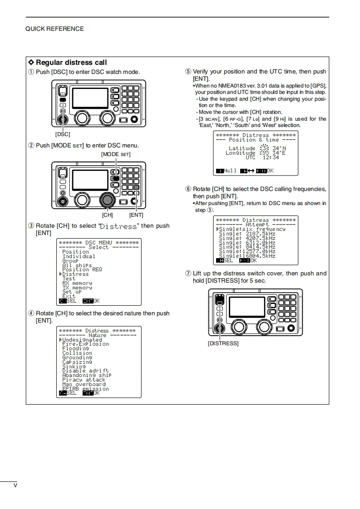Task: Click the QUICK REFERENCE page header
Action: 54,29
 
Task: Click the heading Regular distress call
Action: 71,62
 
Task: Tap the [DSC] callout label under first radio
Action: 63,134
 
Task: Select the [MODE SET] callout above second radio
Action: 116,154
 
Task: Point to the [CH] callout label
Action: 107,215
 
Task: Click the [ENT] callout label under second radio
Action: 136,215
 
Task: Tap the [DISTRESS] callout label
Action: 223,343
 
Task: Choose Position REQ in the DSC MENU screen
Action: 82,269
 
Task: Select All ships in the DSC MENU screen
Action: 77,265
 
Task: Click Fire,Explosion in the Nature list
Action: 85,344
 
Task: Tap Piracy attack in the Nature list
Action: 84,380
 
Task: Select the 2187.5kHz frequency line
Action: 247,234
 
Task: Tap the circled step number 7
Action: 188,274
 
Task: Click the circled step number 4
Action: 31,313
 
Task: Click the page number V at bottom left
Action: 15,485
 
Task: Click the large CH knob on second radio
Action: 107,199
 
